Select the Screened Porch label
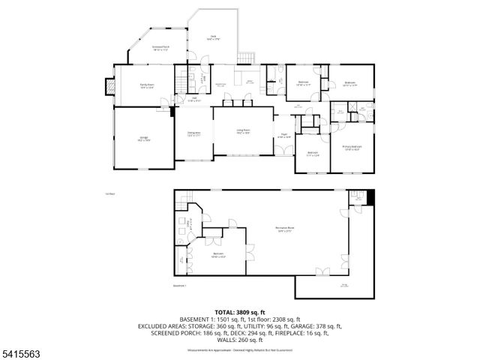pos(160,47)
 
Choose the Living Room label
pos(243,131)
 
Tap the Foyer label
pos(283,137)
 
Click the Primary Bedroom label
pos(352,148)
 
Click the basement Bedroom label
pos(218,255)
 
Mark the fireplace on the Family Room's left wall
pos(109,86)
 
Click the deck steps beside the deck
pos(245,58)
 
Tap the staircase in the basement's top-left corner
pos(184,199)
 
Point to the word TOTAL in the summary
pos(226,312)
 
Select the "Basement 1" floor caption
pos(179,286)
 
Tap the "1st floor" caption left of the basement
pos(110,193)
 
